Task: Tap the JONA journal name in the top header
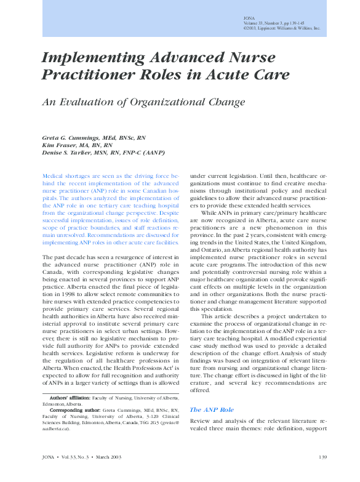pos(249,19)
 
